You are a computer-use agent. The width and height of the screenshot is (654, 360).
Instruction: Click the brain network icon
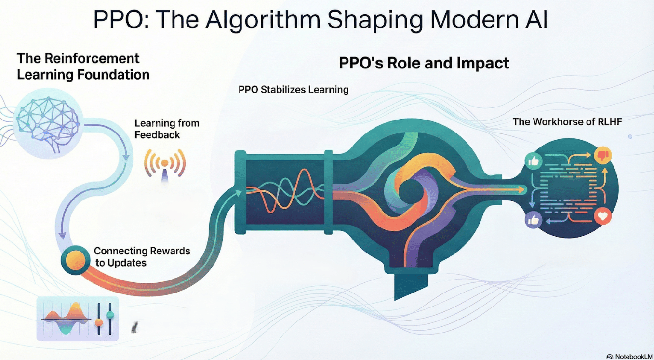(x=48, y=123)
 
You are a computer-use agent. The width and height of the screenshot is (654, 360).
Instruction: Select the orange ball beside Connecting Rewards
(x=76, y=260)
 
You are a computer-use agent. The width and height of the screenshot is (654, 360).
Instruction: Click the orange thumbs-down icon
(x=602, y=155)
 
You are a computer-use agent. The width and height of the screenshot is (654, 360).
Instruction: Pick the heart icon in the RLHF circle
(x=602, y=216)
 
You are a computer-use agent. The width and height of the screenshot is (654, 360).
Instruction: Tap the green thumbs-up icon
(x=534, y=161)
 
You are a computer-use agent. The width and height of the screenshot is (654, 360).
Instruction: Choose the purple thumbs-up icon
(x=534, y=220)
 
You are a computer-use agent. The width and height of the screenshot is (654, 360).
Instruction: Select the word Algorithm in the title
(x=263, y=20)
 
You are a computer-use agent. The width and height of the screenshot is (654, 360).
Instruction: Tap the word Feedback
(x=158, y=135)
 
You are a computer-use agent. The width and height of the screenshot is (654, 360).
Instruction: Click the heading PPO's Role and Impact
(x=424, y=63)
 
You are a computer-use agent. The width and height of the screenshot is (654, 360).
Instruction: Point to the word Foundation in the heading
(x=113, y=74)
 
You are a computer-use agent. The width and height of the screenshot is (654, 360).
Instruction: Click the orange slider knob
(x=99, y=322)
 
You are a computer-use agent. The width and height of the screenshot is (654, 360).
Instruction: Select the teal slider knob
(x=110, y=315)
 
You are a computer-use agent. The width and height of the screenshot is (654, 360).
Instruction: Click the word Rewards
(x=166, y=251)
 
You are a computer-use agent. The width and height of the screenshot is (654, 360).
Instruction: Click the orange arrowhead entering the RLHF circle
(x=521, y=190)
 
